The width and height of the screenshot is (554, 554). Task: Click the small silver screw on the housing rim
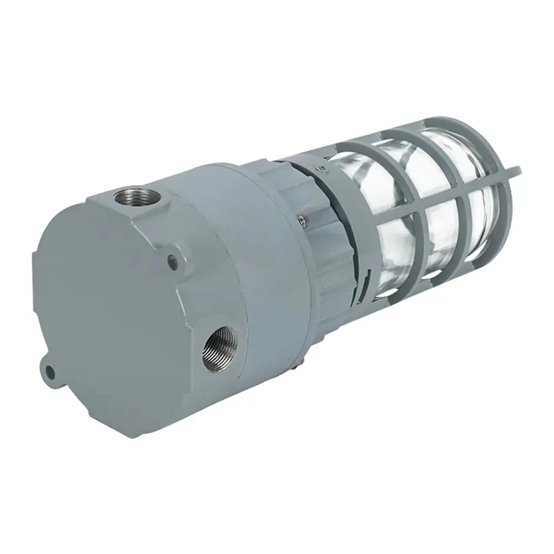300,220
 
